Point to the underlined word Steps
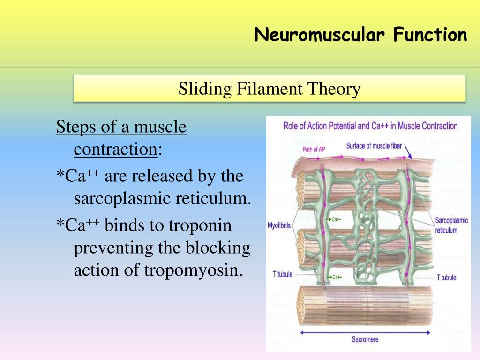coord(75,127)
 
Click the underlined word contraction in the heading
coord(115,150)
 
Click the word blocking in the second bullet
coord(220,248)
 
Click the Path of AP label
coord(314,150)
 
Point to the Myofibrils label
coord(279,225)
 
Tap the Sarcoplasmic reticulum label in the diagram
coord(451,225)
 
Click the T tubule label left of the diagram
coord(283,274)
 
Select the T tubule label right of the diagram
coord(446,277)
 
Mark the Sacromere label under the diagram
coord(365,339)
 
